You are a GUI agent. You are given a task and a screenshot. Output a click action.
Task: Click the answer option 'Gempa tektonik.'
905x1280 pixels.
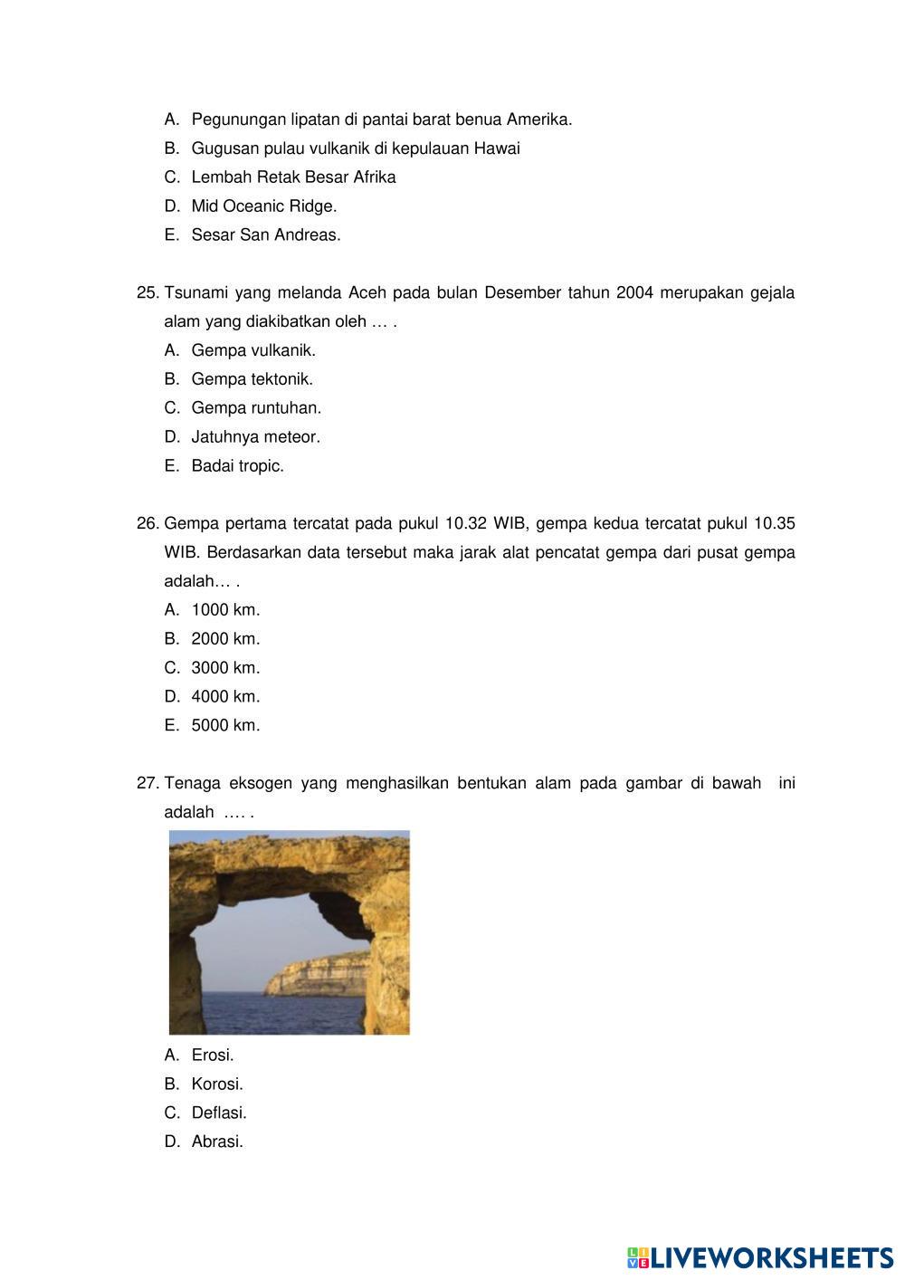pos(252,379)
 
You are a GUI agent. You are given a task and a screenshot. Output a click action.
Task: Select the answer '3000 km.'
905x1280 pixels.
pos(225,668)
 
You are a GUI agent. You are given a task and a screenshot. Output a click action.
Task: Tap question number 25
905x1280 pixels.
pos(148,293)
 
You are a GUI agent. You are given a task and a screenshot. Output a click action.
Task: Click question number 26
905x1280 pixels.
pos(148,524)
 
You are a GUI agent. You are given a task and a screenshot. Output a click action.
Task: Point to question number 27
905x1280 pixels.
pos(148,784)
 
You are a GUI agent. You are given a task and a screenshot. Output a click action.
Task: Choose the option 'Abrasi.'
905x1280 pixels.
pos(217,1142)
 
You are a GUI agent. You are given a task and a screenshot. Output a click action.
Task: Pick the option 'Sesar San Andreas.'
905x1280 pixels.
pos(266,235)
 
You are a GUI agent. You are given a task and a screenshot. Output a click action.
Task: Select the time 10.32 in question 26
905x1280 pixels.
pos(466,524)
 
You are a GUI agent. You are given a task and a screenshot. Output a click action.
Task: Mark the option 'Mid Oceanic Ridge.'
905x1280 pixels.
pos(263,206)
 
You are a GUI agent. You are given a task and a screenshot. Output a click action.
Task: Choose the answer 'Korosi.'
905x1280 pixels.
pos(217,1084)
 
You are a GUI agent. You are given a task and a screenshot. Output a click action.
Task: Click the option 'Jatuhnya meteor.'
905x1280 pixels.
pos(255,437)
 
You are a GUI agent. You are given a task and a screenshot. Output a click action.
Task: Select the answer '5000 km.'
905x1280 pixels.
pos(225,726)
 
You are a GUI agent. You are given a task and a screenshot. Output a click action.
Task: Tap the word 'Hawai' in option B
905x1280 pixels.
pos(497,148)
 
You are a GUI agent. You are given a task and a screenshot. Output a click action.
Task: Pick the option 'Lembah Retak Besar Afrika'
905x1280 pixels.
pos(293,177)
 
